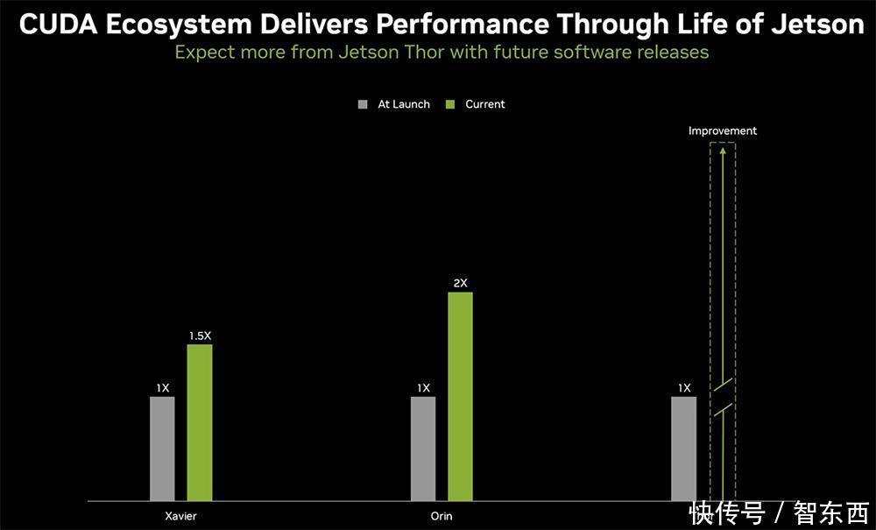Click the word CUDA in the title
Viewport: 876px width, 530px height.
click(x=57, y=25)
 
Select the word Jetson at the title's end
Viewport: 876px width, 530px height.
click(x=817, y=25)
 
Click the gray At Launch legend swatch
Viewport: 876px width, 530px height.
click(x=364, y=104)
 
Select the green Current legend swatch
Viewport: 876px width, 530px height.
click(x=450, y=104)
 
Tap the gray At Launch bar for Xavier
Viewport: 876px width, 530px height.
click(x=162, y=449)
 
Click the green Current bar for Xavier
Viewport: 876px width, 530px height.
click(x=200, y=422)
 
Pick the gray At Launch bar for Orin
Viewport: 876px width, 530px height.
click(x=423, y=449)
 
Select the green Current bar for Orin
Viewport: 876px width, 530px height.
click(x=460, y=396)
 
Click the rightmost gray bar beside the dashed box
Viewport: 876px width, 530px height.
click(x=684, y=449)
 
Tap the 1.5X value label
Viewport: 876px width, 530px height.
click(x=200, y=336)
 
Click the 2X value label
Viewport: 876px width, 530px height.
click(x=460, y=283)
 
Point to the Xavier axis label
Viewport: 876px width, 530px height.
click(x=180, y=516)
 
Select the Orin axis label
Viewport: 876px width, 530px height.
click(x=442, y=516)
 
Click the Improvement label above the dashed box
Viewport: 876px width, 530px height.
click(x=722, y=131)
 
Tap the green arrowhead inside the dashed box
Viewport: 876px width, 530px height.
click(x=722, y=151)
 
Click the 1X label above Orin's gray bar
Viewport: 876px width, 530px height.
click(x=423, y=388)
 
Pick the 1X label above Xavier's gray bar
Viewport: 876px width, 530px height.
click(x=163, y=388)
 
